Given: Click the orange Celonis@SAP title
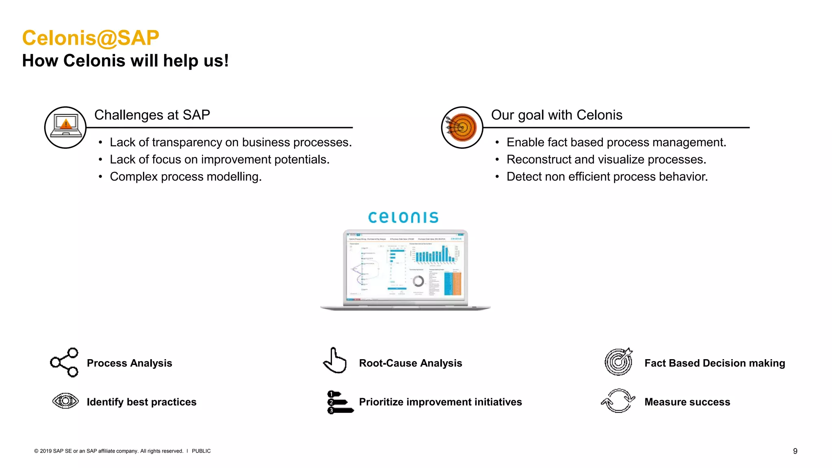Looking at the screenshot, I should point(90,38).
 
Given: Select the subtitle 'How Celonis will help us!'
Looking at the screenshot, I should point(125,61).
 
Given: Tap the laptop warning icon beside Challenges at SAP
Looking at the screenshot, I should point(65,127).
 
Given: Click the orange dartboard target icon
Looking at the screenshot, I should point(462,127).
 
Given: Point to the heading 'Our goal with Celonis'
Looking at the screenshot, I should point(557,115).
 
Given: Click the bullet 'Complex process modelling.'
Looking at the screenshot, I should point(186,177).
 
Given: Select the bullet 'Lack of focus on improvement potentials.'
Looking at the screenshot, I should point(219,160).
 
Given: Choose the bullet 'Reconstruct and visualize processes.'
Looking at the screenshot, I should point(606,160).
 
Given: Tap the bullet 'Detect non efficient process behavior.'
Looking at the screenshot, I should point(607,177).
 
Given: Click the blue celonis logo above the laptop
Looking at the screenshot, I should point(403,217).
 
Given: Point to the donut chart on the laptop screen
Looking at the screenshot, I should point(418,281).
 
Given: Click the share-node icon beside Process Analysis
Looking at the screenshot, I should point(64,362).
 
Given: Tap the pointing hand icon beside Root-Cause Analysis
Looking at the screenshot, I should point(335,361).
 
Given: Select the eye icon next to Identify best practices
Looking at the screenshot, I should point(65,401).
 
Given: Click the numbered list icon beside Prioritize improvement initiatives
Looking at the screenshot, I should point(340,402).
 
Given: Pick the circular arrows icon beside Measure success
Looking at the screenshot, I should point(618,401).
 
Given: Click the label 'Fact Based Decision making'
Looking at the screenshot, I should point(715,363).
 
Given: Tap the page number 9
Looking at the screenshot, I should point(795,451).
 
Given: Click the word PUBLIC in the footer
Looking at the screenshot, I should point(201,451).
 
